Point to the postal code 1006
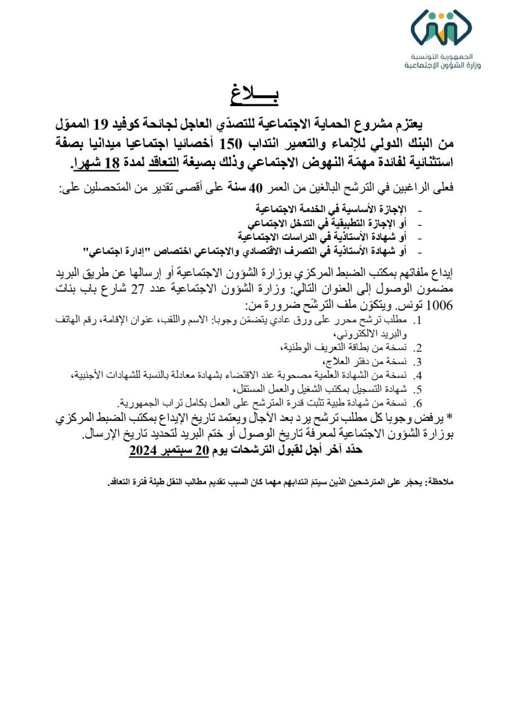[x=440, y=305]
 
